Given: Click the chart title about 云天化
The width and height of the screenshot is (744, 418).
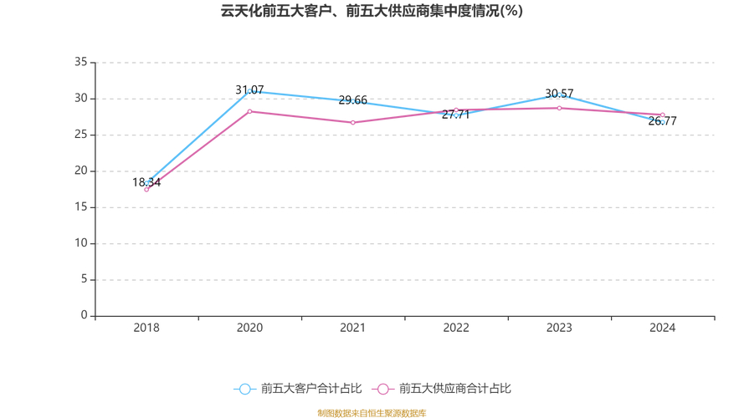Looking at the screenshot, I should click(372, 11).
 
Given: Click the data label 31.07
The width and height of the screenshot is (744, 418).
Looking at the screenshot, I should click(249, 90).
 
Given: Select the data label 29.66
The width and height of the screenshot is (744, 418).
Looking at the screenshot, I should click(353, 100).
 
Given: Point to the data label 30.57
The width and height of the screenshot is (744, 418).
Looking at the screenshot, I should click(559, 94).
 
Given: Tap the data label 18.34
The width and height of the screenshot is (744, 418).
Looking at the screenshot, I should click(146, 182).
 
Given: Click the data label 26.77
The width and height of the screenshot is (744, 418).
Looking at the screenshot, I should click(663, 121).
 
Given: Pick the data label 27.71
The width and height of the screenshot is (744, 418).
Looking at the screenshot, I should click(456, 115).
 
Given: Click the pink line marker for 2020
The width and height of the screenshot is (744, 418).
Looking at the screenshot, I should click(249, 111).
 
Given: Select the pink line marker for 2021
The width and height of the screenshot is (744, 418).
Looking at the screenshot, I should click(353, 123).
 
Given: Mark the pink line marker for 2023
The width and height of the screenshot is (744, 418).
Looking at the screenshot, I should click(559, 108).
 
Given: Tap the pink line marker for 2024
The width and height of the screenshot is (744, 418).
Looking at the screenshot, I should click(663, 115).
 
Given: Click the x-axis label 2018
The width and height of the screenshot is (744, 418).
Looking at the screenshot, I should click(146, 328).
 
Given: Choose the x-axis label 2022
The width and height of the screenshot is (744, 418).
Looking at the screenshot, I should click(456, 328).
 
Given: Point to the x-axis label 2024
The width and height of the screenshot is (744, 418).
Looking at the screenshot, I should click(663, 328).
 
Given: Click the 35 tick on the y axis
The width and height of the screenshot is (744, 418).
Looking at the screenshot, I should click(81, 62).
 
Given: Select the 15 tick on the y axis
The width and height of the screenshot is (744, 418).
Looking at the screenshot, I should click(81, 207).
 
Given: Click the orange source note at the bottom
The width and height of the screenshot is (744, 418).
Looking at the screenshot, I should click(372, 413).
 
